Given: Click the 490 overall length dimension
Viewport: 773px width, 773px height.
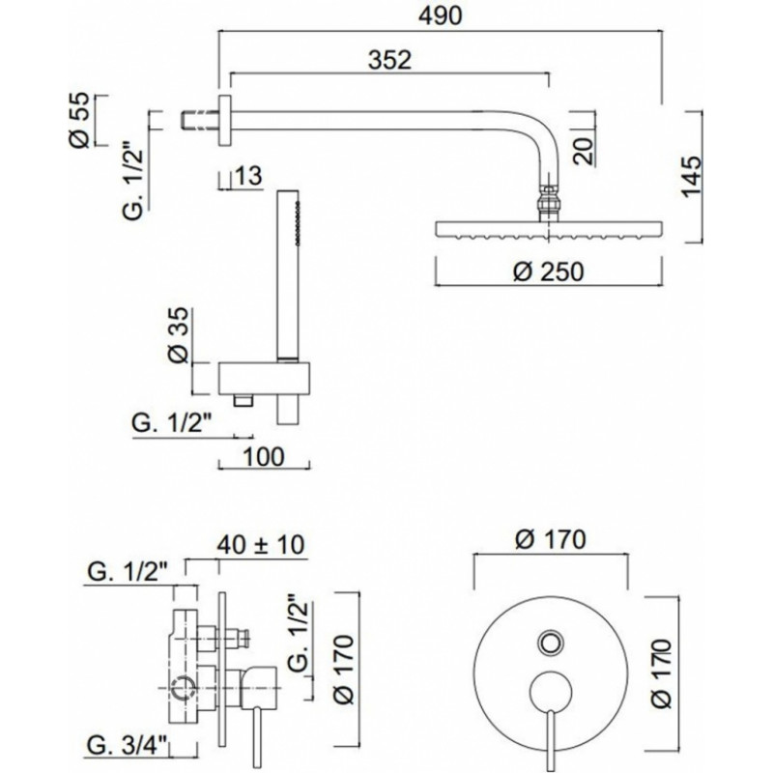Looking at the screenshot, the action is (441, 15).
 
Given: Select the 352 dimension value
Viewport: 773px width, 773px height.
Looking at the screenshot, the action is (389, 60).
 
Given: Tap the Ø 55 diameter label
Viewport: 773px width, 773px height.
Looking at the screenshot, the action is (80, 120).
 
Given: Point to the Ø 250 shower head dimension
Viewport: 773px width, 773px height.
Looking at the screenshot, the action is (548, 272).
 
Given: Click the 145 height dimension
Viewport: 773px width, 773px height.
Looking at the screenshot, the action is (692, 177).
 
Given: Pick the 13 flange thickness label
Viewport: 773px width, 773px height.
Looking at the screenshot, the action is (249, 176).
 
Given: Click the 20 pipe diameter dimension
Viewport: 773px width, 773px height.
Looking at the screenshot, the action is (584, 152).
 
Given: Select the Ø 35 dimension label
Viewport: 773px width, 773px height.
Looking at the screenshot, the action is (179, 335).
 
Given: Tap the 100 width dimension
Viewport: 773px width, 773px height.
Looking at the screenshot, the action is (264, 457).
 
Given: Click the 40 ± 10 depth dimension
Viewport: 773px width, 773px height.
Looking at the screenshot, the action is (261, 545).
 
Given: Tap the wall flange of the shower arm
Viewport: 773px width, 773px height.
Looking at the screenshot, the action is (225, 120).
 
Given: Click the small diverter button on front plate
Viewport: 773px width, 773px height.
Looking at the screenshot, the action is (550, 644).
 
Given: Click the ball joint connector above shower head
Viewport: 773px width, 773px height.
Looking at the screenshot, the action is (549, 203).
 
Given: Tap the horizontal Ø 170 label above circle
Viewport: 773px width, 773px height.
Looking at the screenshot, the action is (550, 540).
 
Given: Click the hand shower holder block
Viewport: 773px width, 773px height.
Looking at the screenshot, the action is (264, 378).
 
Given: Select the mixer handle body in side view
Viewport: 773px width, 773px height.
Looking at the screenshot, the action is (259, 688).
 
